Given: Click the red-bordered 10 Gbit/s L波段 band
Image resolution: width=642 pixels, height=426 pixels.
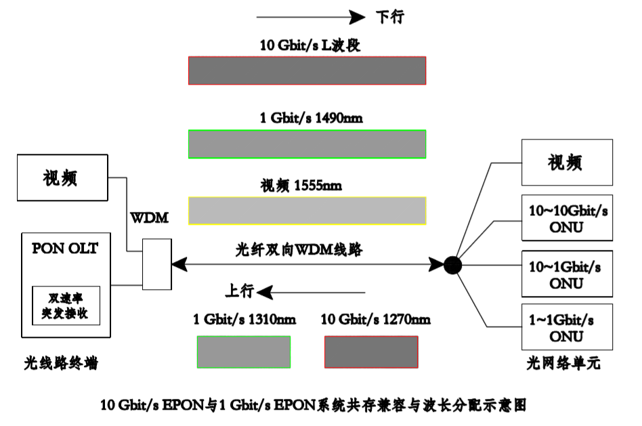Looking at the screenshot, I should click(307, 70).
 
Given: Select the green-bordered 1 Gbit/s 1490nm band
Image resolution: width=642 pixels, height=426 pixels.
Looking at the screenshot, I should click(307, 144).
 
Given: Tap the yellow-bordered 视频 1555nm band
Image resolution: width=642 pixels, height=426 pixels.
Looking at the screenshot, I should click(307, 210).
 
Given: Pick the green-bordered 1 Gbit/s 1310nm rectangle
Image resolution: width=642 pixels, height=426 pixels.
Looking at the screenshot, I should click(244, 352).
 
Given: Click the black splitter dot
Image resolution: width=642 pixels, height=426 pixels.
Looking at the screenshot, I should click(452, 265).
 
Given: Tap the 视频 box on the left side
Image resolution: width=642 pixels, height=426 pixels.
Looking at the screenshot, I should click(62, 177).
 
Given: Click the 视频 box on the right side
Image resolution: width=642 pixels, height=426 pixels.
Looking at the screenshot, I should click(567, 163).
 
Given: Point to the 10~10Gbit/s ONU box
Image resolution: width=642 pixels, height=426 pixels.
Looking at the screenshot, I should click(567, 218).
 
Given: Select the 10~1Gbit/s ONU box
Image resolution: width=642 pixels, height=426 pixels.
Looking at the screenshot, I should click(567, 273).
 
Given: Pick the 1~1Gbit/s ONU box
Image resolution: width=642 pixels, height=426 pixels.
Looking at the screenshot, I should click(567, 327).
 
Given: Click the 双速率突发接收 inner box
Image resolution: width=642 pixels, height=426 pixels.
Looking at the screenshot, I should click(65, 306).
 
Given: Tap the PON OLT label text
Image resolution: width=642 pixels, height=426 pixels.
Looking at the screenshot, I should click(65, 249).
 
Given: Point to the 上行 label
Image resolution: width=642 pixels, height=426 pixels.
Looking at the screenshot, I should click(240, 291).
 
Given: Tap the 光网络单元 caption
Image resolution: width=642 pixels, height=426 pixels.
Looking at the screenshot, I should click(563, 364).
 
